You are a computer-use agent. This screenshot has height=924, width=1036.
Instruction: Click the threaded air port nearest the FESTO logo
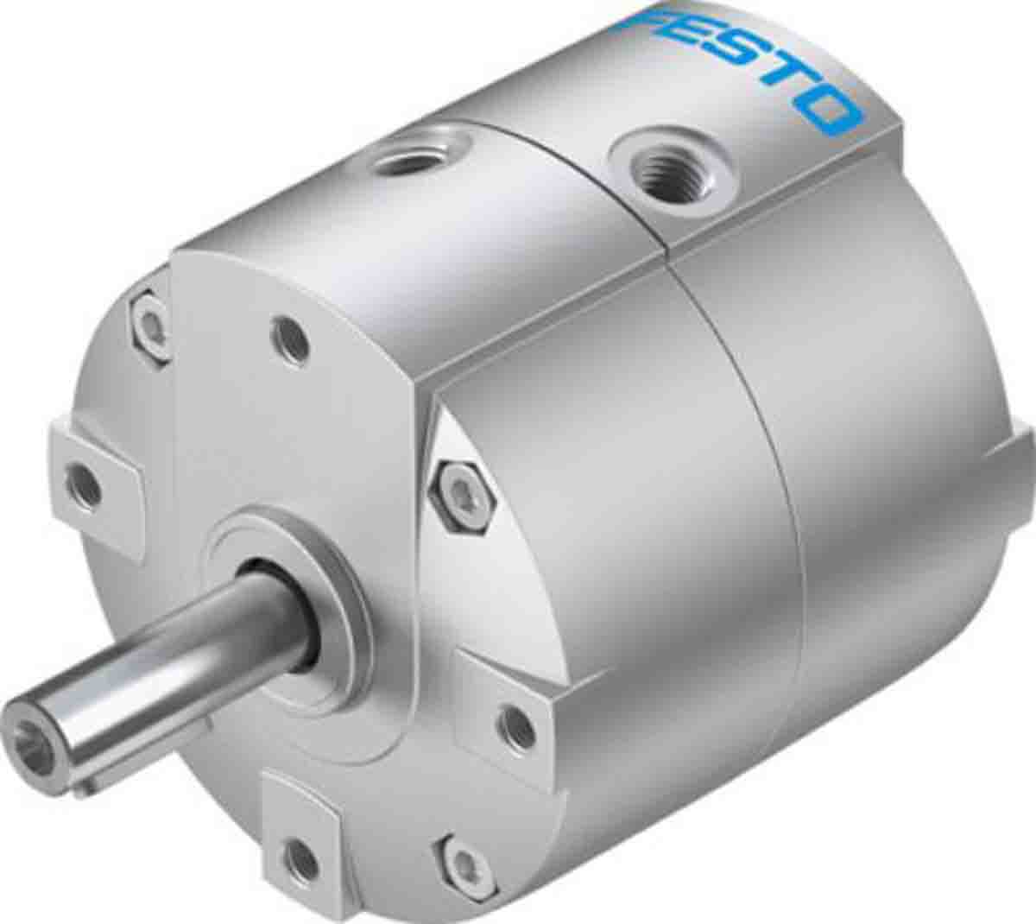[652, 164]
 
